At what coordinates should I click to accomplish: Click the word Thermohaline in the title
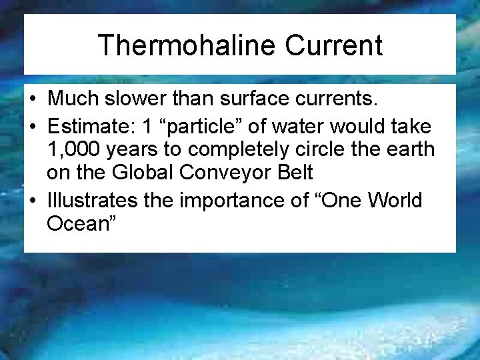pyautogui.click(x=185, y=45)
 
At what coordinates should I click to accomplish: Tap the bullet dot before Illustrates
pyautogui.click(x=33, y=199)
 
